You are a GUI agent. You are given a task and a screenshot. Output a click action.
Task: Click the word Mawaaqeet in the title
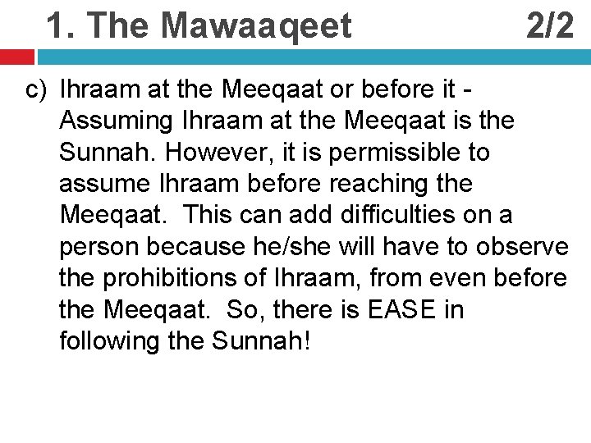pos(257,26)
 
